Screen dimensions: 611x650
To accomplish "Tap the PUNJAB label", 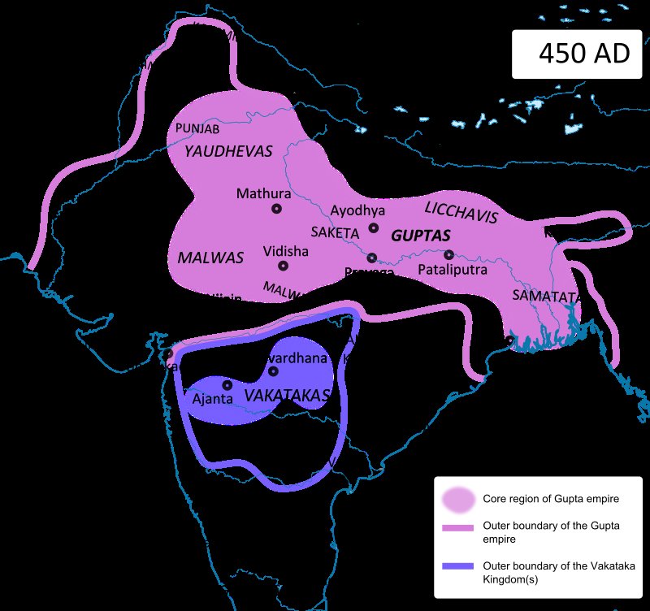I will [197, 128].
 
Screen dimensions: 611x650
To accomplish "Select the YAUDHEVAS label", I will [228, 151].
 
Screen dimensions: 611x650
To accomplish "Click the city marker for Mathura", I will [276, 209].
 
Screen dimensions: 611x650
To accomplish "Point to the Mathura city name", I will [263, 193].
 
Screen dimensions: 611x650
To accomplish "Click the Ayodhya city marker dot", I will [374, 227].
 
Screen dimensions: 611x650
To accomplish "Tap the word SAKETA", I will [334, 233].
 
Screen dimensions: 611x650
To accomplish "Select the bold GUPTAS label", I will [420, 236].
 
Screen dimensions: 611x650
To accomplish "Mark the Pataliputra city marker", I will [448, 253].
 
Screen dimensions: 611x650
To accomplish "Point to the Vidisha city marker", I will [283, 266].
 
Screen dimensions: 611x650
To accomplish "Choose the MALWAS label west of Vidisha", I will [210, 258].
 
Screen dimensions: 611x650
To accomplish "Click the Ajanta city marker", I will [227, 385].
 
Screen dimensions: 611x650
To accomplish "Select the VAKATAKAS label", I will [287, 396].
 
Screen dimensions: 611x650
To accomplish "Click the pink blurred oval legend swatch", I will [457, 498].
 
